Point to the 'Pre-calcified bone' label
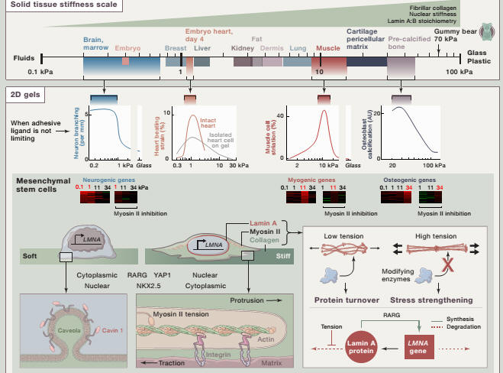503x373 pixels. (408, 42)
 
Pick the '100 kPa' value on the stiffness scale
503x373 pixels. (461, 72)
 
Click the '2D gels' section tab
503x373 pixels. (24, 96)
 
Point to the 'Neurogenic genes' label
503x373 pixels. (103, 180)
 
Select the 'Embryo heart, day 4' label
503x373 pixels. (207, 36)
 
